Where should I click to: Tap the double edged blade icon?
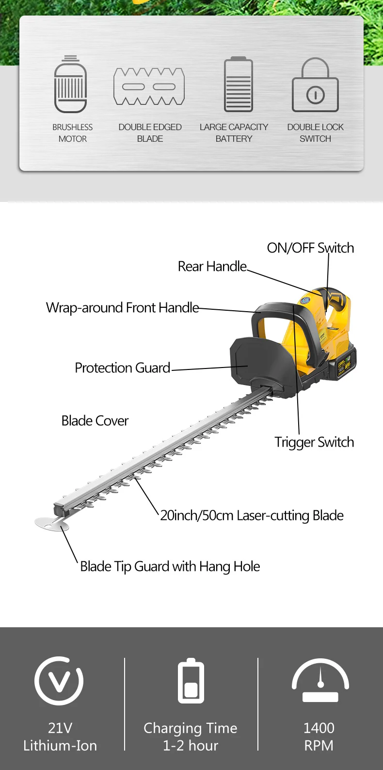point(149,86)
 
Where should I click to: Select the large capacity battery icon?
point(238,84)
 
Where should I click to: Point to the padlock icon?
point(315,85)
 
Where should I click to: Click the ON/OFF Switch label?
point(310,248)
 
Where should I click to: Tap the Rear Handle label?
point(212,267)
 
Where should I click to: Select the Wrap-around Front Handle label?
point(122,308)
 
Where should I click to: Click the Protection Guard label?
point(122,368)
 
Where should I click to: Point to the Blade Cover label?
point(95,420)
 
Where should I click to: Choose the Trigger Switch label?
point(314,442)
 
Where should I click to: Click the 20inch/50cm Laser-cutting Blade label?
point(252,516)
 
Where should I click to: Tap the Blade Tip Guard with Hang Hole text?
point(170,567)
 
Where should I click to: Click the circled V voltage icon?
point(59,681)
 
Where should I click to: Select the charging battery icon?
point(191,681)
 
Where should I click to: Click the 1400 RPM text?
point(319,737)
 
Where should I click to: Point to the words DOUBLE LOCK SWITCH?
point(315,133)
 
